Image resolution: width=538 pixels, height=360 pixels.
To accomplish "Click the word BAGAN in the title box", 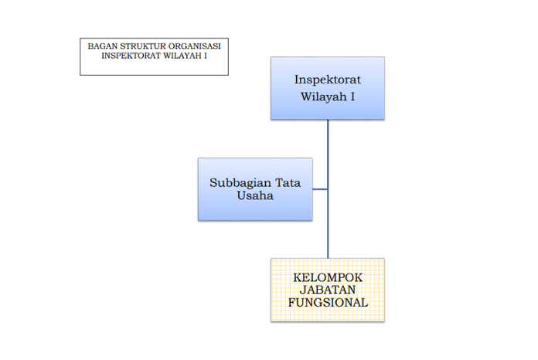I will [100, 46].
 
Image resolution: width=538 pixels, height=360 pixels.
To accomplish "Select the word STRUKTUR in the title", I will [140, 46].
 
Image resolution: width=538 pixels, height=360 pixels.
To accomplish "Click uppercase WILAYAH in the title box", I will [185, 56].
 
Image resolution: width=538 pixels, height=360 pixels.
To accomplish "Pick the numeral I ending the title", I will [206, 56].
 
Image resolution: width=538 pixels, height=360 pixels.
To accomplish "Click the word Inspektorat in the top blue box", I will [327, 80].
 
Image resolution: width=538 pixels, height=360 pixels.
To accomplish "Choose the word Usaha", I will [255, 196].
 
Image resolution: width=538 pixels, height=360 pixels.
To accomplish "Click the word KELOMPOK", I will [328, 277].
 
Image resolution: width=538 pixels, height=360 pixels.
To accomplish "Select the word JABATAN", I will [328, 290].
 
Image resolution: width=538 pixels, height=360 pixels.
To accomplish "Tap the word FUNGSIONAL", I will [328, 302].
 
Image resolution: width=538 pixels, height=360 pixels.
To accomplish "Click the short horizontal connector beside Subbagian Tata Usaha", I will [320, 189].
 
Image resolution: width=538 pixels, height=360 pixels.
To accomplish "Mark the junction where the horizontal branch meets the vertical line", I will [328, 189].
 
